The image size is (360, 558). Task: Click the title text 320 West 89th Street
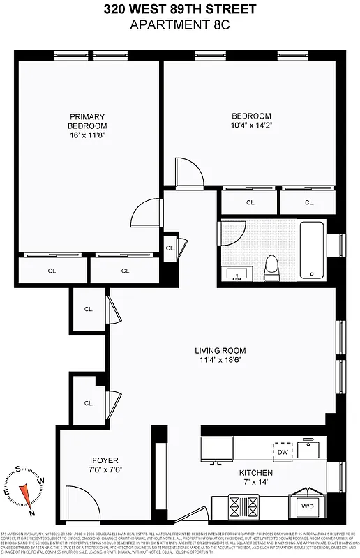(x=180, y=10)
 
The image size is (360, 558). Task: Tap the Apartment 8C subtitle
(x=180, y=25)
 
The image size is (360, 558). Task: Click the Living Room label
(x=220, y=351)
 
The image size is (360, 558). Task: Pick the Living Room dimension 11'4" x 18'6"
(x=220, y=361)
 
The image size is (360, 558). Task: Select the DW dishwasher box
(x=282, y=452)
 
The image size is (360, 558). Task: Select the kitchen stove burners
(x=246, y=504)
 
